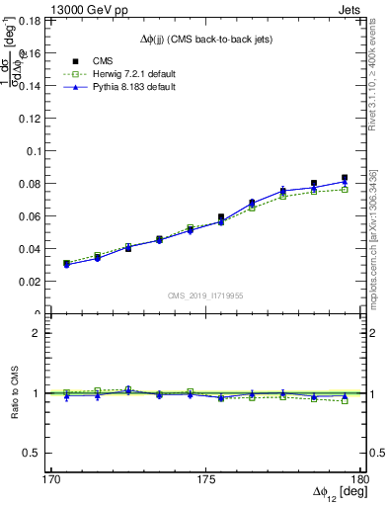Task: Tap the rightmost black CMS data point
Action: [x=345, y=178]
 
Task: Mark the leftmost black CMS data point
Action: [x=66, y=264]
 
